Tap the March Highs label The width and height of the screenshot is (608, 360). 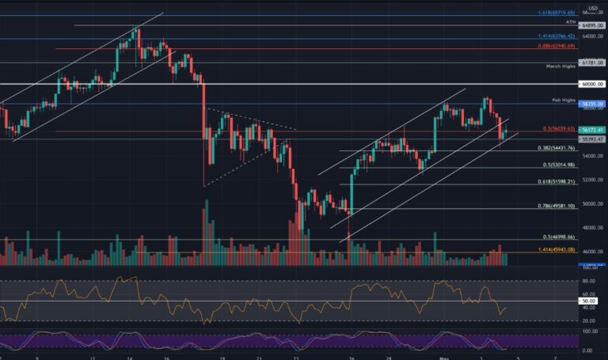561,66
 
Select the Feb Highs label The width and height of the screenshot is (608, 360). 564,101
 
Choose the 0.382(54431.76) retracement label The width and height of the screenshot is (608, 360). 557,148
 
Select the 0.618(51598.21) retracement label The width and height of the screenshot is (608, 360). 557,183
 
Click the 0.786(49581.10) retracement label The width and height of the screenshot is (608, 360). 557,206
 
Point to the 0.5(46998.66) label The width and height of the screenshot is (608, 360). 557,237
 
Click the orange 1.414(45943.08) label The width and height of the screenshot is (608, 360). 557,250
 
